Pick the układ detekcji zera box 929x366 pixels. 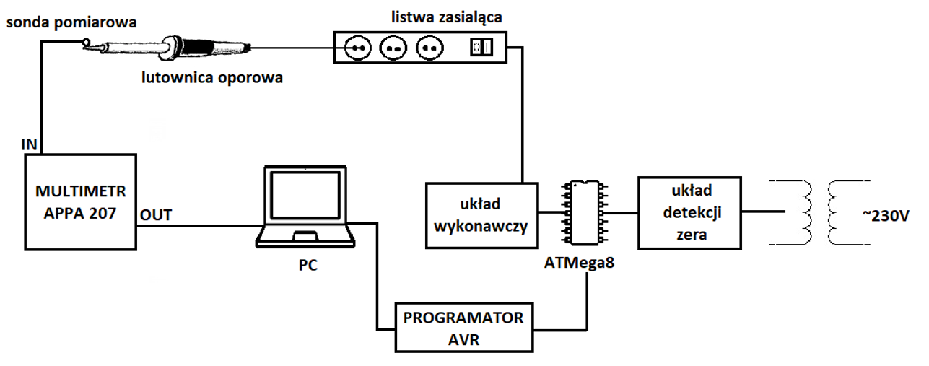coord(691,211)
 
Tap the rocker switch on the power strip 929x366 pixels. coord(482,48)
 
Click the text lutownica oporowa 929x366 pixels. coord(211,78)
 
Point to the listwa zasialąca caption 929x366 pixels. coord(422,15)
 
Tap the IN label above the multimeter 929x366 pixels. coord(30,144)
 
